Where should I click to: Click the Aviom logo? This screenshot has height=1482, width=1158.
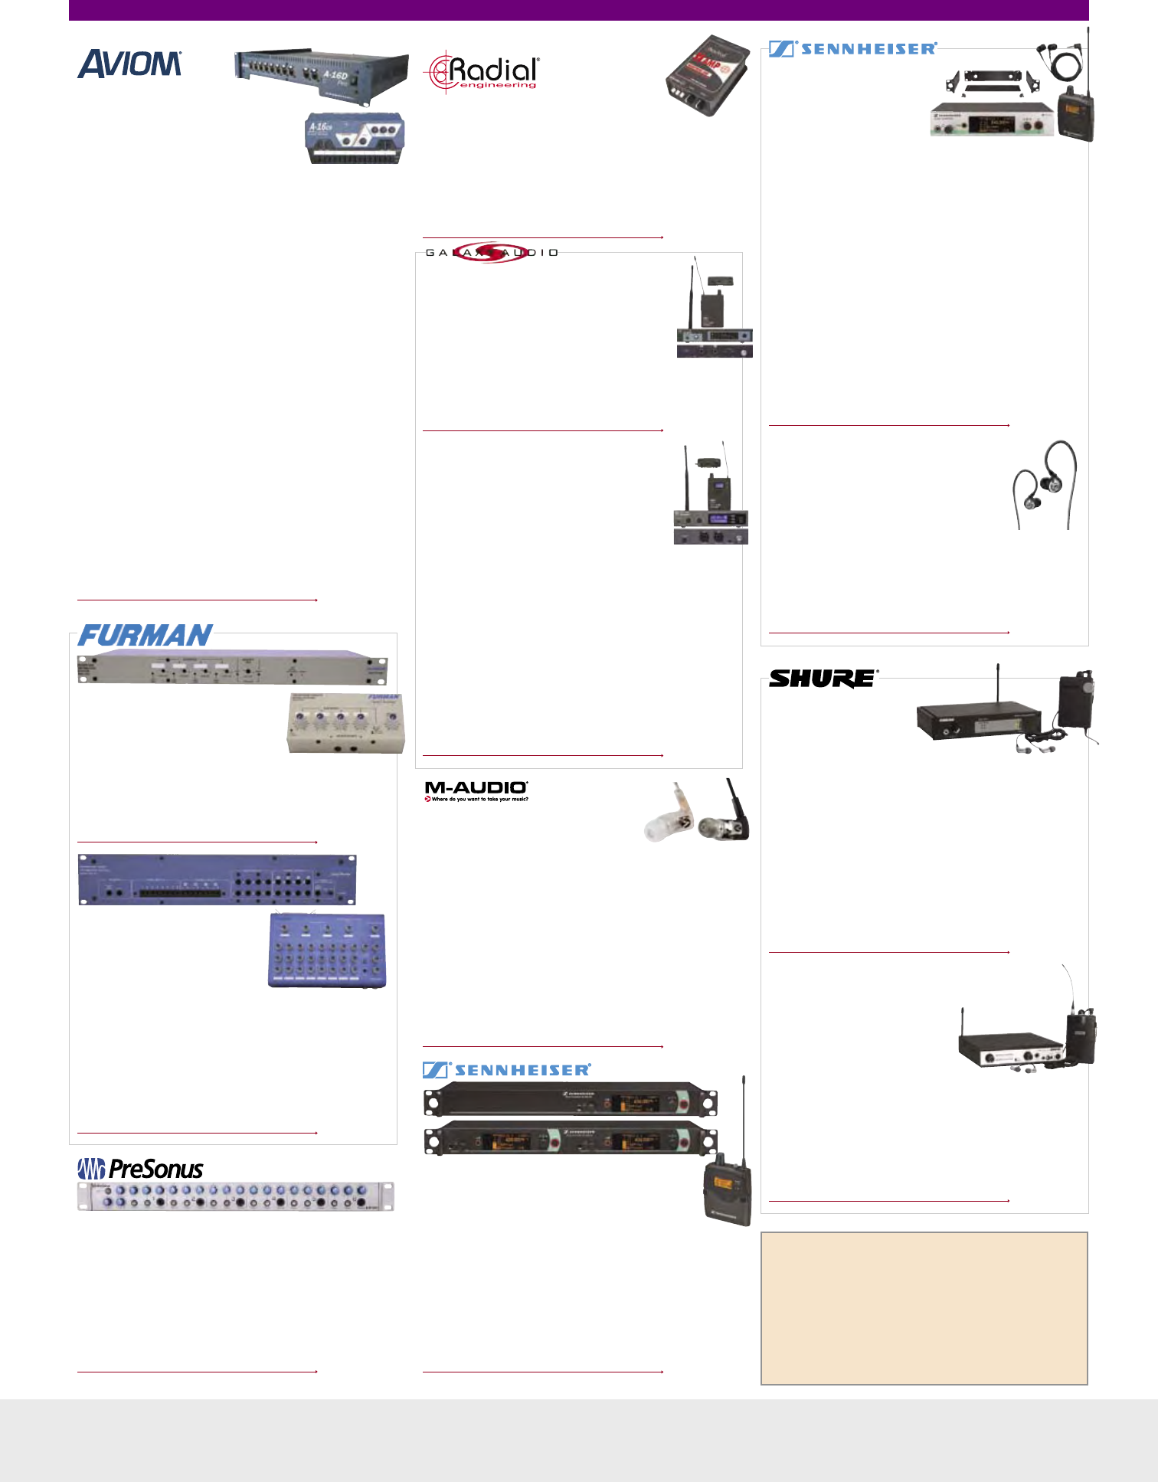pyautogui.click(x=129, y=64)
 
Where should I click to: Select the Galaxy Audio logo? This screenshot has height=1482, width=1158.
pyautogui.click(x=491, y=252)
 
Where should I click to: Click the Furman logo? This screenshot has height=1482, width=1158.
pyautogui.click(x=145, y=636)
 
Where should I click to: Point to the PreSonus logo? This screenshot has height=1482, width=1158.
pyautogui.click(x=141, y=1169)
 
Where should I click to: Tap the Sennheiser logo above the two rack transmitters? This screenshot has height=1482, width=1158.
pyautogui.click(x=507, y=1070)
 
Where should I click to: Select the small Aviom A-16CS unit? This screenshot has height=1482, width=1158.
pyautogui.click(x=355, y=138)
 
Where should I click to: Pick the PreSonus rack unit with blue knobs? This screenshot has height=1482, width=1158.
pyautogui.click(x=235, y=1196)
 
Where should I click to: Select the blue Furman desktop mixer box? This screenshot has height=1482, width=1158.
pyautogui.click(x=327, y=950)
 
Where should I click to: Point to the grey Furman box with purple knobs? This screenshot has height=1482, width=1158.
pyautogui.click(x=345, y=722)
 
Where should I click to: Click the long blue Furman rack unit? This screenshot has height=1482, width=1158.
pyautogui.click(x=217, y=879)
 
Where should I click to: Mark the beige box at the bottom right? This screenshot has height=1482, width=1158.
pyautogui.click(x=924, y=1308)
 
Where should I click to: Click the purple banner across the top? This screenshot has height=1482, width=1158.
pyautogui.click(x=578, y=10)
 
